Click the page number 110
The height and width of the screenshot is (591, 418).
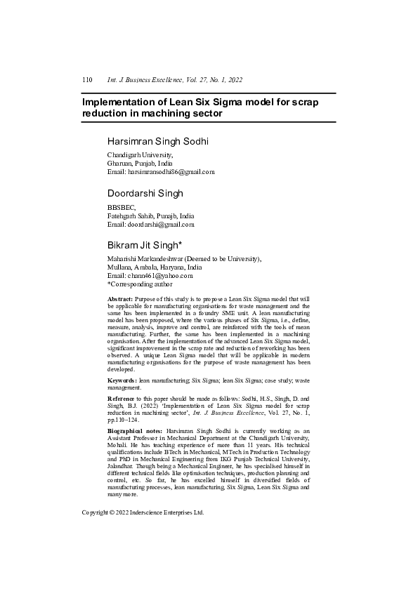pos(88,81)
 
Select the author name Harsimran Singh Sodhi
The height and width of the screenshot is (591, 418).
pos(157,142)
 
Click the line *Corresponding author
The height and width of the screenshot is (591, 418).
pos(139,284)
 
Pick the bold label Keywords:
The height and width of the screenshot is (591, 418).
pos(122,380)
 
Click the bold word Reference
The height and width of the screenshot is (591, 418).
pos(123,398)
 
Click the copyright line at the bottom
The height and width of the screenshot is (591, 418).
pos(143,513)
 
